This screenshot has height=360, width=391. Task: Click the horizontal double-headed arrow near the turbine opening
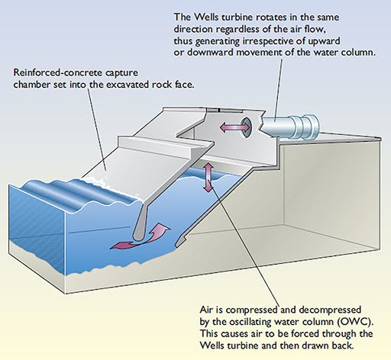(x=234, y=127)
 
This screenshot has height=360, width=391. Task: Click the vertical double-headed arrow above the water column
(x=208, y=178)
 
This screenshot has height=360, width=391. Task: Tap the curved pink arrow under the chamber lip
(x=140, y=236)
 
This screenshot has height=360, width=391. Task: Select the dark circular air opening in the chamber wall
(x=247, y=127)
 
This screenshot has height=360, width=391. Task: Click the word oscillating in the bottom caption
(x=250, y=322)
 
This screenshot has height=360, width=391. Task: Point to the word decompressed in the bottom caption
(x=330, y=310)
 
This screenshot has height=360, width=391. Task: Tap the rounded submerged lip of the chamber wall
(x=141, y=227)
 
